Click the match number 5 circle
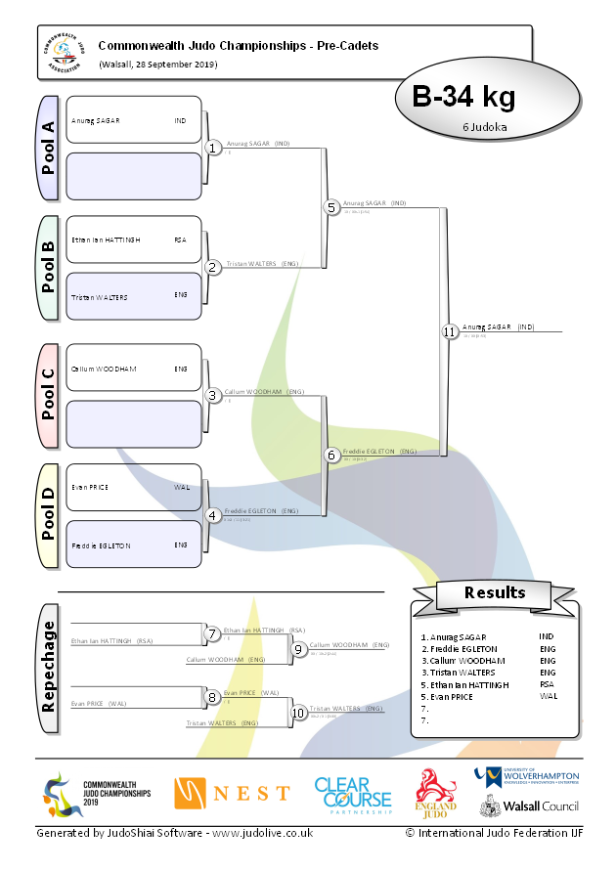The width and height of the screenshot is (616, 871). pos(331,207)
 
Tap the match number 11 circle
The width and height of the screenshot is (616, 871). pos(449,331)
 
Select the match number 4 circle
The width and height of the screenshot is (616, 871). pos(212,515)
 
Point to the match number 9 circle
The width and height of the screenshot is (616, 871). pos(298,648)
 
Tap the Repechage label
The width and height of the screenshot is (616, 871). pos(48,667)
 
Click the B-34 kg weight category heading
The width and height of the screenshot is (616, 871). pos(463,98)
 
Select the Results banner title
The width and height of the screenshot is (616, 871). pos(495,592)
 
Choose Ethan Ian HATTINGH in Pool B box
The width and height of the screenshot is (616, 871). pos(106,240)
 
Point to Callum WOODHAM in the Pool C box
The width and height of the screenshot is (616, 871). pos(104,369)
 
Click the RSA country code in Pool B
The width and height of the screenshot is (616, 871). pos(180,240)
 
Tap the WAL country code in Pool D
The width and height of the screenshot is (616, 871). pos(182,487)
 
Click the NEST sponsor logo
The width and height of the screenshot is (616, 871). pos(232,792)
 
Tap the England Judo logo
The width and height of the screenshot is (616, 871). pos(437,791)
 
